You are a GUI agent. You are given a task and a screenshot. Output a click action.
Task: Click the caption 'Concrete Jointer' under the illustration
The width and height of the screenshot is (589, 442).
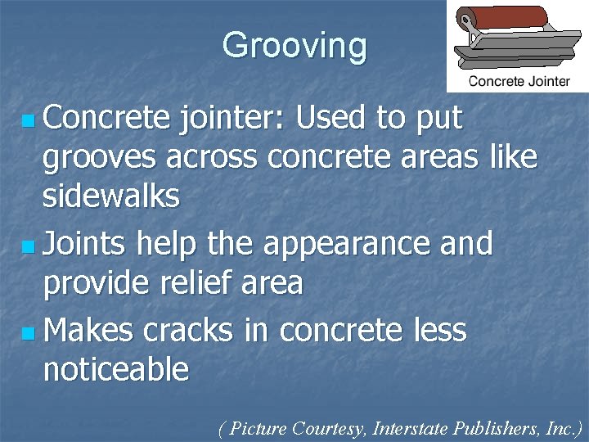click(x=519, y=80)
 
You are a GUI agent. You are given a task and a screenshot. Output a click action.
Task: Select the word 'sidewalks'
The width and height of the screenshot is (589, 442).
click(x=110, y=197)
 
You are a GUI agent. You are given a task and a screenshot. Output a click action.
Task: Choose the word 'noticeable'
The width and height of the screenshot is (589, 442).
click(x=115, y=370)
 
